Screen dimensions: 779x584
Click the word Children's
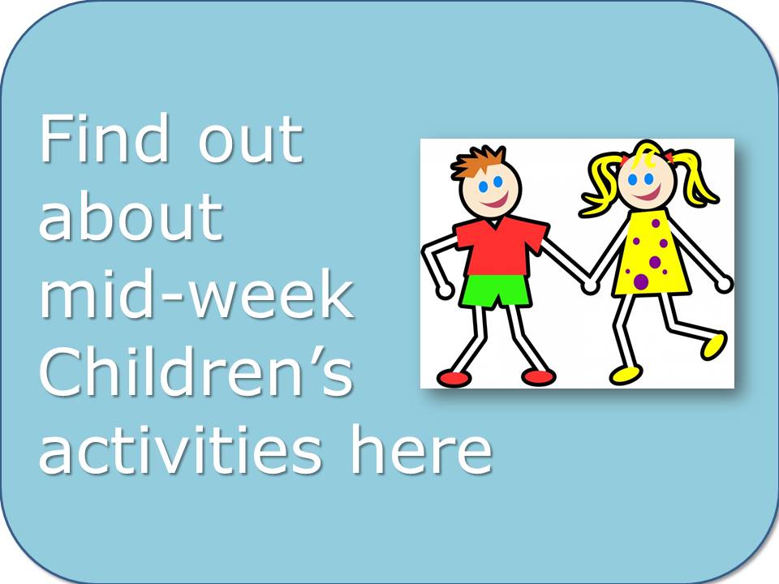tap(196, 371)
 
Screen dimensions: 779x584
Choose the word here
tap(421, 449)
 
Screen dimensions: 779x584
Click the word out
tap(251, 141)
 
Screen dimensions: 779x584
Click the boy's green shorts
tap(495, 291)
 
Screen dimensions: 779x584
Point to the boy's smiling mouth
tap(493, 201)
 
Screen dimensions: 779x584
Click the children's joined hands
tap(590, 285)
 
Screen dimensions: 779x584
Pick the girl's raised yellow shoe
tap(713, 345)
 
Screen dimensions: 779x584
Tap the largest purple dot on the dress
tap(641, 281)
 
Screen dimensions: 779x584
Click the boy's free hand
tap(444, 290)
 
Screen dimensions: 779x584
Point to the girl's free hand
tap(725, 284)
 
